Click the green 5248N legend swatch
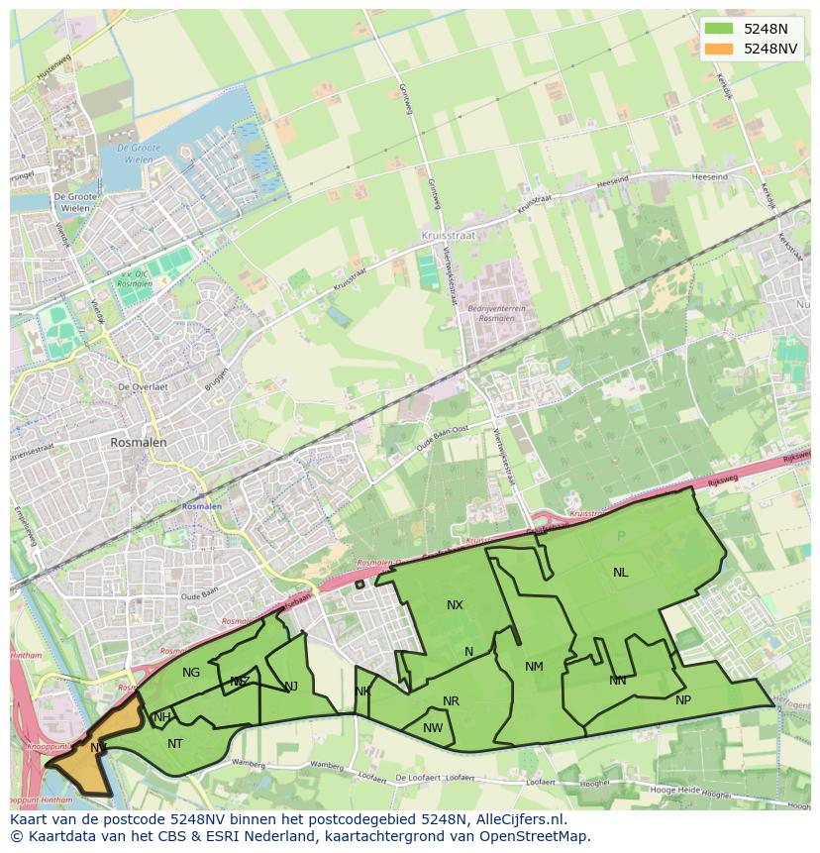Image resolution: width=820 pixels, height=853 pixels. [x=719, y=29]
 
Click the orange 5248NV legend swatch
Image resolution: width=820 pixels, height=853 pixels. [x=719, y=49]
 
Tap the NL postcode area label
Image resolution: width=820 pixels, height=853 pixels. [x=620, y=573]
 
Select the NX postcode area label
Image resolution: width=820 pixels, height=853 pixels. [x=455, y=605]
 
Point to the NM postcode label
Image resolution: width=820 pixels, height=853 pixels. [x=534, y=667]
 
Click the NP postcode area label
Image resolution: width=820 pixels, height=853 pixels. [x=683, y=700]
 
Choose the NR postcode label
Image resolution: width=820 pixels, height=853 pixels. [x=451, y=701]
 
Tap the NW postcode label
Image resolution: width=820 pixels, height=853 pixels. [x=433, y=728]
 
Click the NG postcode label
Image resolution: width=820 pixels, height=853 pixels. [x=191, y=673]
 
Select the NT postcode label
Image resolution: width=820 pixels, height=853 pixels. [x=175, y=744]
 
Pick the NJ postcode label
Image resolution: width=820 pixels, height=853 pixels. [x=291, y=687]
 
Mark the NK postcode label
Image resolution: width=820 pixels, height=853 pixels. [x=362, y=692]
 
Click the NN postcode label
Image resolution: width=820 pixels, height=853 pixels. [x=618, y=681]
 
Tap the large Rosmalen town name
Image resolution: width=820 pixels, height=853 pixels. [x=139, y=443]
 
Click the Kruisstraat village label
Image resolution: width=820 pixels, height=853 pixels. [x=448, y=238]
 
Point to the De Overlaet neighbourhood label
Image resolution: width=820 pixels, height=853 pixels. [x=142, y=387]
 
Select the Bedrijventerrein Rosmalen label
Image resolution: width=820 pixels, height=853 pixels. [x=495, y=313]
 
